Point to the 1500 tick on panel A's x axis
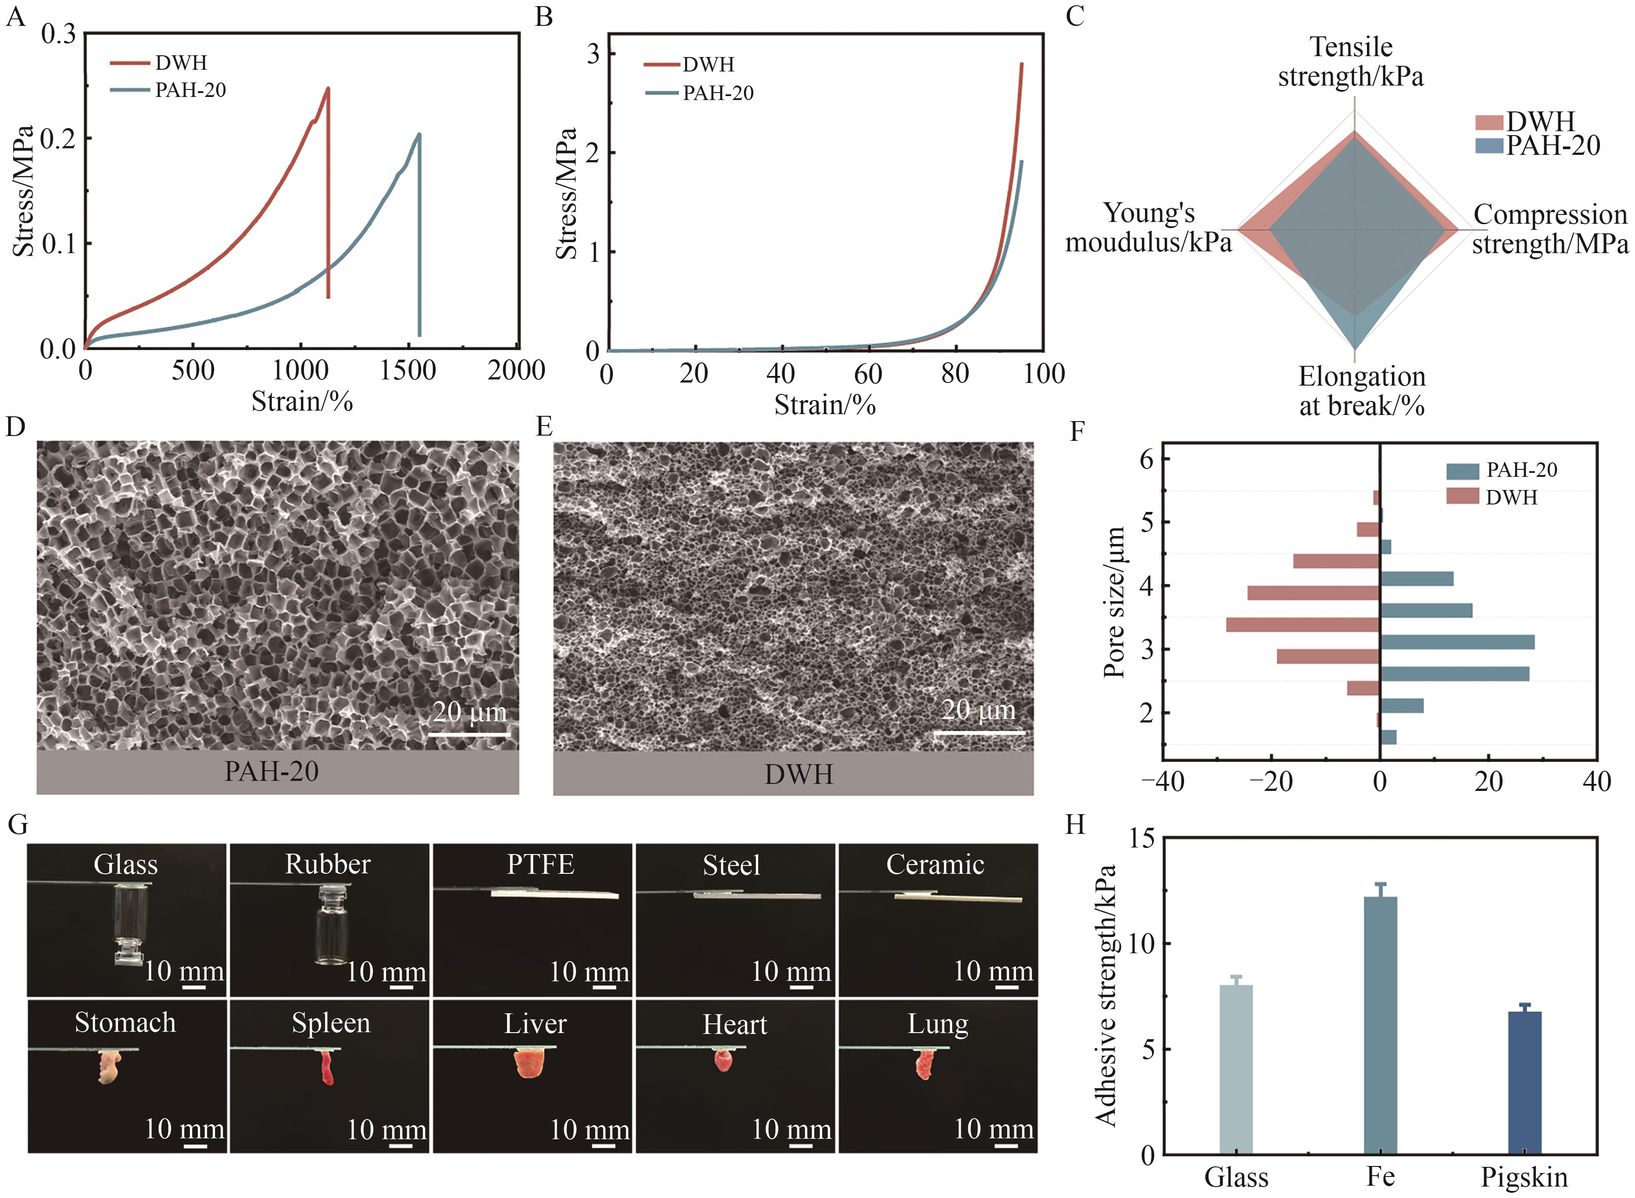[x=408, y=371]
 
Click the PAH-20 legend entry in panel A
[x=190, y=90]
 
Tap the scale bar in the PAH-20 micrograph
[x=469, y=734]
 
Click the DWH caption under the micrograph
[x=798, y=775]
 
